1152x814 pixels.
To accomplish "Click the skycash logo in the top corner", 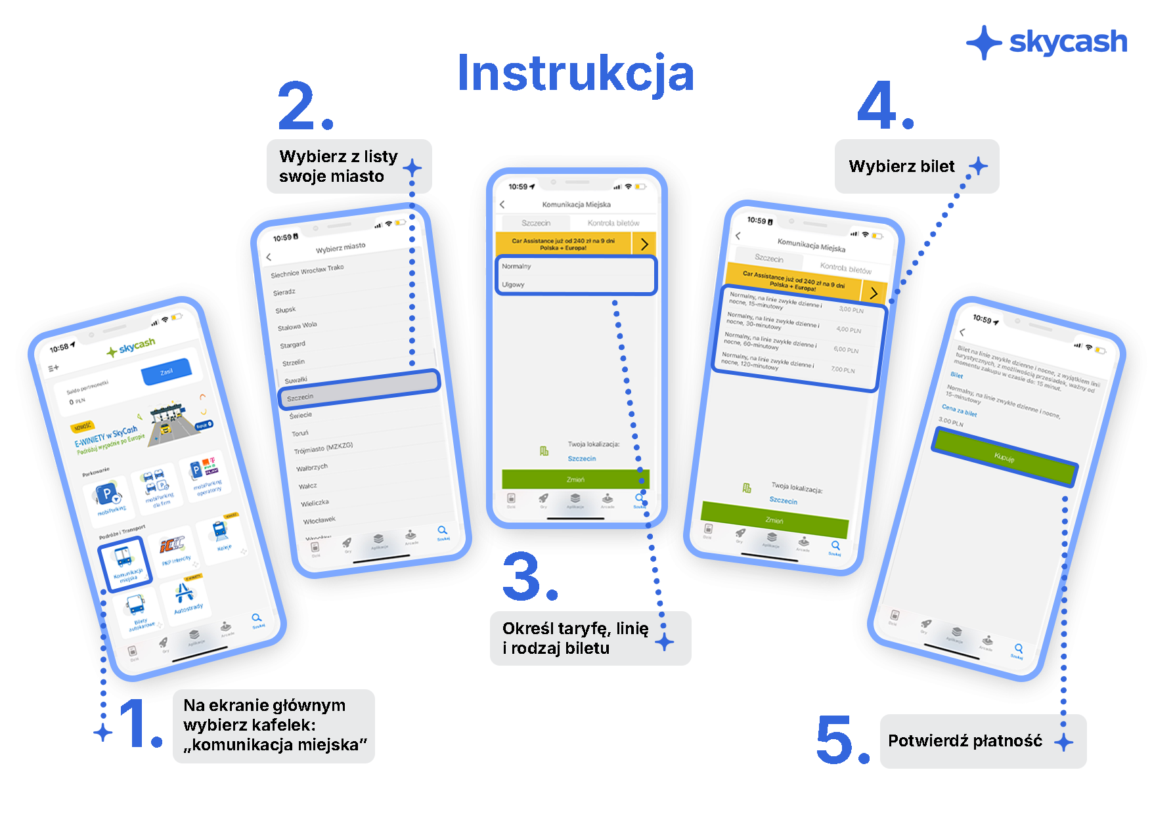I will tap(1047, 43).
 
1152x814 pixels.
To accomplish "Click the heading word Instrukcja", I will tap(575, 73).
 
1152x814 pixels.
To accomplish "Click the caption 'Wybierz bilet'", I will tap(902, 166).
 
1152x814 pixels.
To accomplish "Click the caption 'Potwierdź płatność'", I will tap(965, 741).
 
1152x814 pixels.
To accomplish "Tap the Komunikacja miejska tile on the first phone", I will tap(125, 564).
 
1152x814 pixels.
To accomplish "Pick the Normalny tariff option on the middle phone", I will tap(517, 267).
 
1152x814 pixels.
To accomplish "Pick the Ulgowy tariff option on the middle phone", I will tap(514, 285).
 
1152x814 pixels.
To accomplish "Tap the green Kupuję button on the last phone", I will tap(1004, 457).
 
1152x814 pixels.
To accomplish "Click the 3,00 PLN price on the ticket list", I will tap(851, 309).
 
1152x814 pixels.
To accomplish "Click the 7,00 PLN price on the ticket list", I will tap(843, 370).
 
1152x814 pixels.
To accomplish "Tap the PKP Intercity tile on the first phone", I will tap(174, 549).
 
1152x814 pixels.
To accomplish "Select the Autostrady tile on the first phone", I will tap(187, 598).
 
